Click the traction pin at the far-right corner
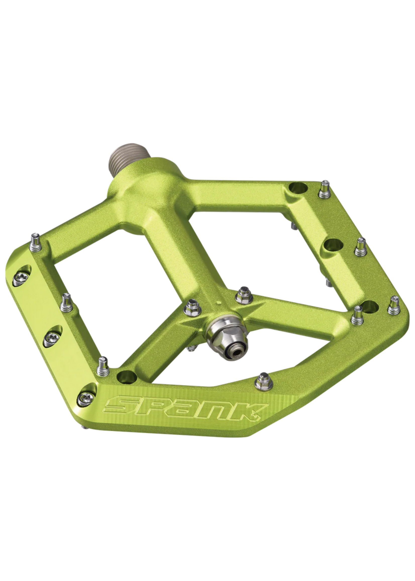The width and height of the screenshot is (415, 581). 394,306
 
